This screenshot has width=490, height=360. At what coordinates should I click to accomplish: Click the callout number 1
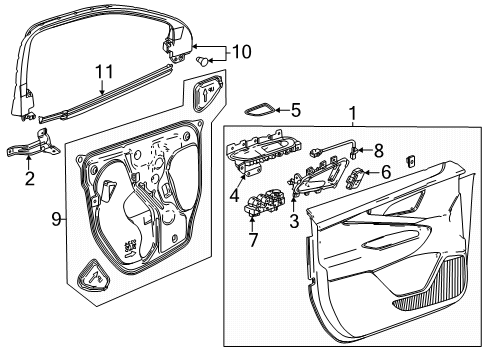tap(353, 113)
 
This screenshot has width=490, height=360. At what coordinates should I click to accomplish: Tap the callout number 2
tap(30, 179)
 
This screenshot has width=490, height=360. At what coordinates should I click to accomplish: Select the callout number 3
tap(294, 221)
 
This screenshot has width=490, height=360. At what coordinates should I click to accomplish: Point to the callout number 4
tap(235, 195)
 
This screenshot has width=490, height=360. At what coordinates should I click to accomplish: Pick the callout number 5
tap(296, 110)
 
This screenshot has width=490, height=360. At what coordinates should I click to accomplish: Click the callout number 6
tap(386, 172)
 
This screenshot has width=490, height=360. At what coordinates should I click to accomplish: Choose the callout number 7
tap(253, 240)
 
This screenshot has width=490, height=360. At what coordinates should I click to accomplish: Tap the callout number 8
tap(378, 151)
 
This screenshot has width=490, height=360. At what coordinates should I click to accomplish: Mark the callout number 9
tap(57, 219)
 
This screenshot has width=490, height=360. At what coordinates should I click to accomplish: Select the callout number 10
tap(241, 52)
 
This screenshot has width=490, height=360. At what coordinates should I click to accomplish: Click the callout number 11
tap(104, 72)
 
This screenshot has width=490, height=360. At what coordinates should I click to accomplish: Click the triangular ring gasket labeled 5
tap(260, 109)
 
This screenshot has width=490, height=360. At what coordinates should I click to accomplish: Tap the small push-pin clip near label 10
tap(202, 61)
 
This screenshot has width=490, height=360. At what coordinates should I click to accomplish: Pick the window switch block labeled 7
tap(265, 203)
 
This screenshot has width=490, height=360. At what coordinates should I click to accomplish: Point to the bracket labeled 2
tap(34, 146)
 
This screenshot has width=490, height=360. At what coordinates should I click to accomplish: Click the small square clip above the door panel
tap(410, 161)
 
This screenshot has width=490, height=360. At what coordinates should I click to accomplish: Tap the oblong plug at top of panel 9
tap(208, 94)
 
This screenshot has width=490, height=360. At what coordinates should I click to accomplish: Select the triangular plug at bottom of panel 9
tap(93, 276)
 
